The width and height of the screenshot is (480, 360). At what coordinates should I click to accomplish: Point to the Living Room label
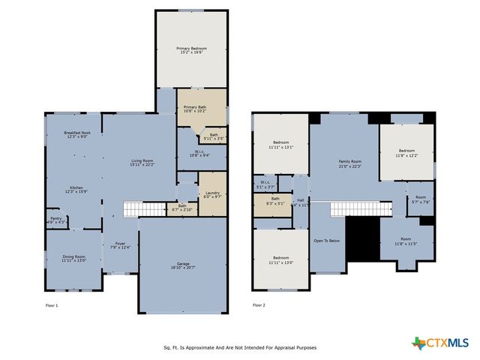[142, 160]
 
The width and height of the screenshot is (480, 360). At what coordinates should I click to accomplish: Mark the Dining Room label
[74, 257]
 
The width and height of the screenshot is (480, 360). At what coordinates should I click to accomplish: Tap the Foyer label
[120, 243]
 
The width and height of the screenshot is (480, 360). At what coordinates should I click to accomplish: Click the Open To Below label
[327, 241]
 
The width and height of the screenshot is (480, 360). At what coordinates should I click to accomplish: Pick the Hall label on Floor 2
[300, 200]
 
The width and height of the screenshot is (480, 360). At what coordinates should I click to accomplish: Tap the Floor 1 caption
[52, 305]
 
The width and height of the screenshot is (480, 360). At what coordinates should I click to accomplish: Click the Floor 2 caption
[259, 305]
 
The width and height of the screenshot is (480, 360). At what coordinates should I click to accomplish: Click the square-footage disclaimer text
[239, 348]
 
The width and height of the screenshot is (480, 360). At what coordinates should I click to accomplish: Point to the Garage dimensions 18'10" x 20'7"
[183, 268]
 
